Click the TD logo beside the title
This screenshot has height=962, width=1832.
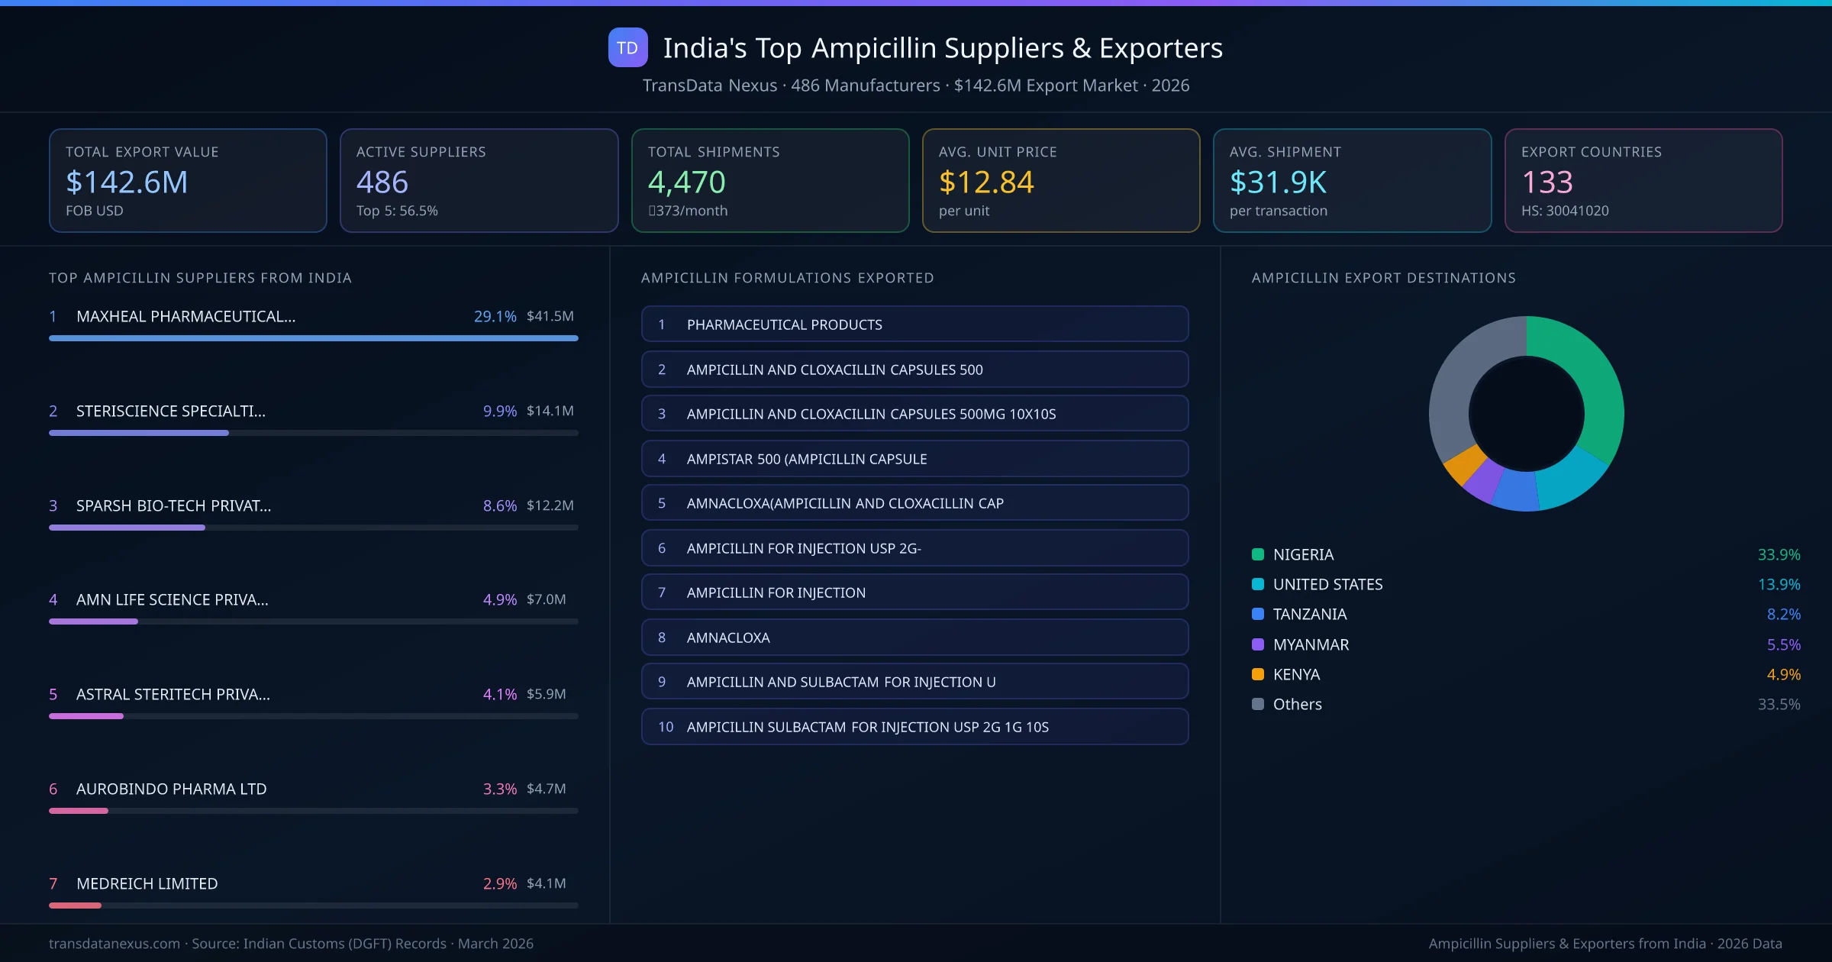tap(627, 47)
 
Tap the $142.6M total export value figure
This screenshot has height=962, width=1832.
tap(127, 182)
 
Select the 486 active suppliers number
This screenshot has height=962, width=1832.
tap(382, 182)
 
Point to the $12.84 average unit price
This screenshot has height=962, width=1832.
tap(986, 182)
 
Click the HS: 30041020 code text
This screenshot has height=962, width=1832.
tap(1564, 211)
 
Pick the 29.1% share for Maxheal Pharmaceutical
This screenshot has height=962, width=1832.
tap(495, 316)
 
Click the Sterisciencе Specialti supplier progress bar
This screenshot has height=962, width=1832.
tap(313, 433)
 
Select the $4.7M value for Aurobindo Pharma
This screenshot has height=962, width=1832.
tap(546, 789)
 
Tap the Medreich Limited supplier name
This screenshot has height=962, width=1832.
tap(147, 883)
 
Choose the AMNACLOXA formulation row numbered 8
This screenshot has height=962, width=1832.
tap(914, 638)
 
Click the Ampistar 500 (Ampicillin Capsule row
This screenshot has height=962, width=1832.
tap(914, 459)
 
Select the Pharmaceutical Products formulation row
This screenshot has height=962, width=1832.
tap(914, 324)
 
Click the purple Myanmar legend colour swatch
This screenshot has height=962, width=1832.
tap(1258, 644)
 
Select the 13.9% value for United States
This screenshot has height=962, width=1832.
tap(1779, 584)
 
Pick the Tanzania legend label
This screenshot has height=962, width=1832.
tap(1309, 614)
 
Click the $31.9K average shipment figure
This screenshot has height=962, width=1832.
tap(1278, 182)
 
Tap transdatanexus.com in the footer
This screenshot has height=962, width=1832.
tap(114, 944)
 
